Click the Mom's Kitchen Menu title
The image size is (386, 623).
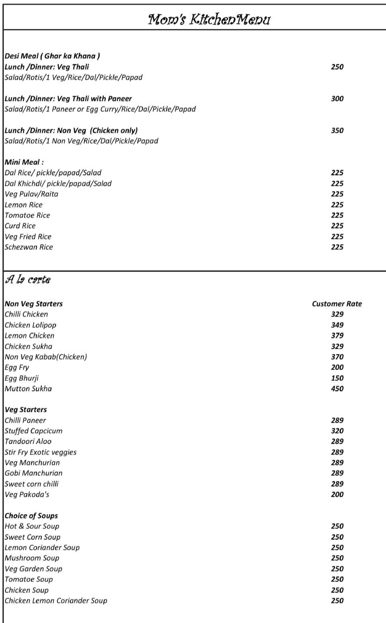coord(209,20)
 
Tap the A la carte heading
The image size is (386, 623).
coord(28,280)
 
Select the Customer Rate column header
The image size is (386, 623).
coord(337,304)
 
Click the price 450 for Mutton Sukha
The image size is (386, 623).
coord(337,389)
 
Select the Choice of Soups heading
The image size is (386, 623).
coord(31,516)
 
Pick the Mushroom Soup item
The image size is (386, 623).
coord(32,558)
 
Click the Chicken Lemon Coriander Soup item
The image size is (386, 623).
coord(56,601)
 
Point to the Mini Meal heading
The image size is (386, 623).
coord(24,162)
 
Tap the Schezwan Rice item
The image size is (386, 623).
coord(29,247)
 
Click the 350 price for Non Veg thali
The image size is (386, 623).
coord(337,130)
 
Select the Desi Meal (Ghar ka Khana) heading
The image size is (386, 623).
coord(52,56)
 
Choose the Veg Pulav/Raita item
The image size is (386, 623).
coord(31,194)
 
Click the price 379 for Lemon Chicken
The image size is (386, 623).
coord(337,336)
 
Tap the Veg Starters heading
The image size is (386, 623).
coord(26,410)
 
